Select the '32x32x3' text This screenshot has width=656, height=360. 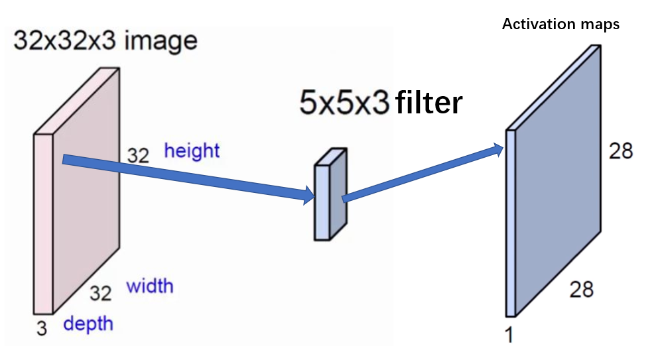[64, 41]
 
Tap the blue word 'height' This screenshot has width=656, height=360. [192, 150]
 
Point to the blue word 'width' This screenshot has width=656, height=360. [150, 286]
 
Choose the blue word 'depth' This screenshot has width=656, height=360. [88, 324]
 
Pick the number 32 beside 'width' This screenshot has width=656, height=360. [101, 292]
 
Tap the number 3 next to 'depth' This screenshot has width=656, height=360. [42, 328]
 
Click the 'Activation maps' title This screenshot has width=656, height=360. [560, 25]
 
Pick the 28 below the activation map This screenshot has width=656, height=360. [581, 289]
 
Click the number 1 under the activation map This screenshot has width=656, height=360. [509, 335]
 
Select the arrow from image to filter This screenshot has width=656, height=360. [186, 176]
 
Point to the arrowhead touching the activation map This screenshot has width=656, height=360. [497, 149]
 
